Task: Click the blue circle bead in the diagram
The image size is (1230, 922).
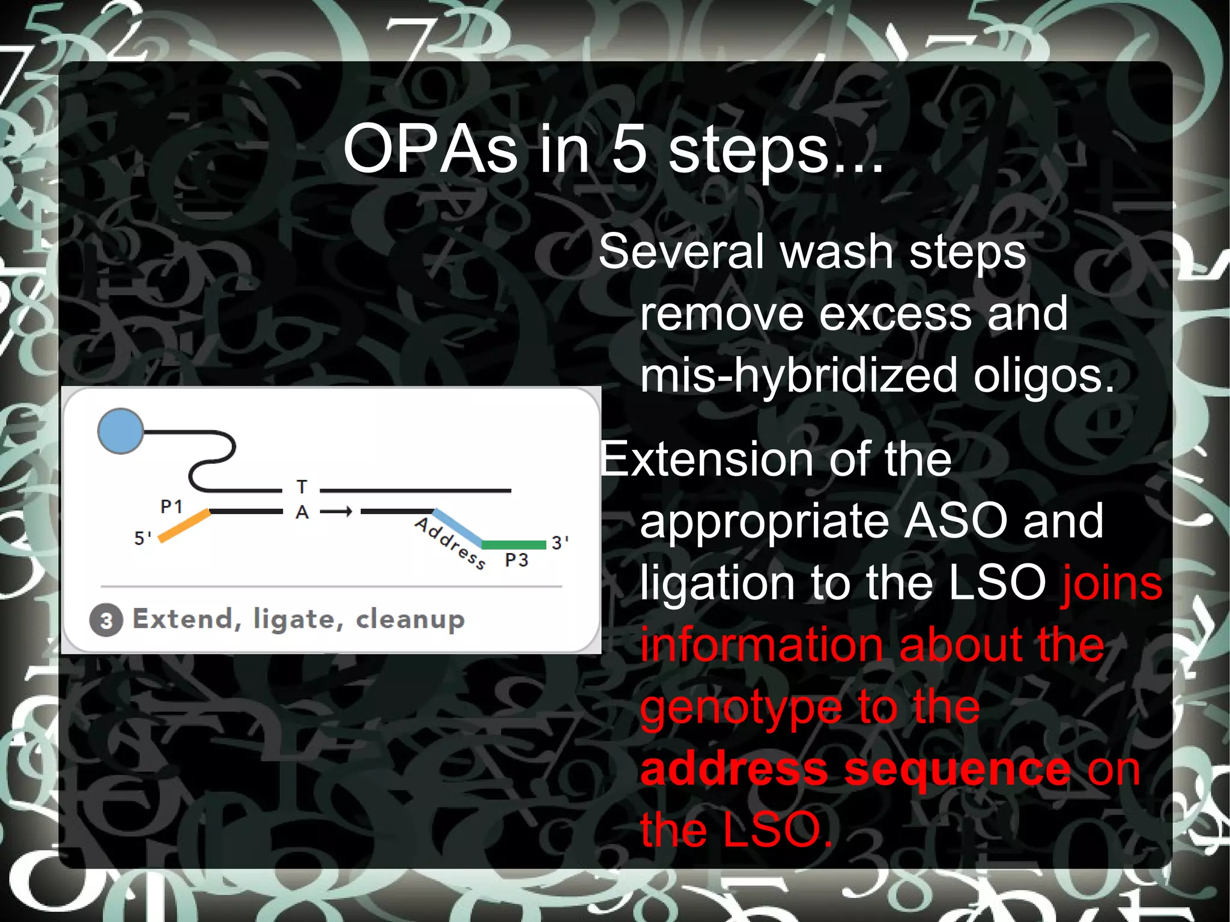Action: (121, 431)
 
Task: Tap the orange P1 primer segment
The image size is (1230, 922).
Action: (184, 526)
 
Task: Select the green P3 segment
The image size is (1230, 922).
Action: (514, 545)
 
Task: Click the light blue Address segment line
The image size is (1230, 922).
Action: (458, 528)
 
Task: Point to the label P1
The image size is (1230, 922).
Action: (171, 507)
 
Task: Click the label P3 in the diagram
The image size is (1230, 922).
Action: (517, 560)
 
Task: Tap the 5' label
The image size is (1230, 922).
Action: (142, 538)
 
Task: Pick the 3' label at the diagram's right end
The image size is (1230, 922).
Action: (560, 542)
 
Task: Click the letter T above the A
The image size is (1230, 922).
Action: (302, 487)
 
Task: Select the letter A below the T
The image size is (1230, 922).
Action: (302, 512)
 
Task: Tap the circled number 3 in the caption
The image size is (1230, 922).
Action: (106, 620)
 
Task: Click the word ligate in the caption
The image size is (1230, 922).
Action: (298, 620)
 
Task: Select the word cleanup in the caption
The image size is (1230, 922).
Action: (410, 619)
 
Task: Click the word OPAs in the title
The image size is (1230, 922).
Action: (430, 149)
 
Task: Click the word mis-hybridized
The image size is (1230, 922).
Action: (798, 376)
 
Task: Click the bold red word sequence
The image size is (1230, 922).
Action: (957, 769)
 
